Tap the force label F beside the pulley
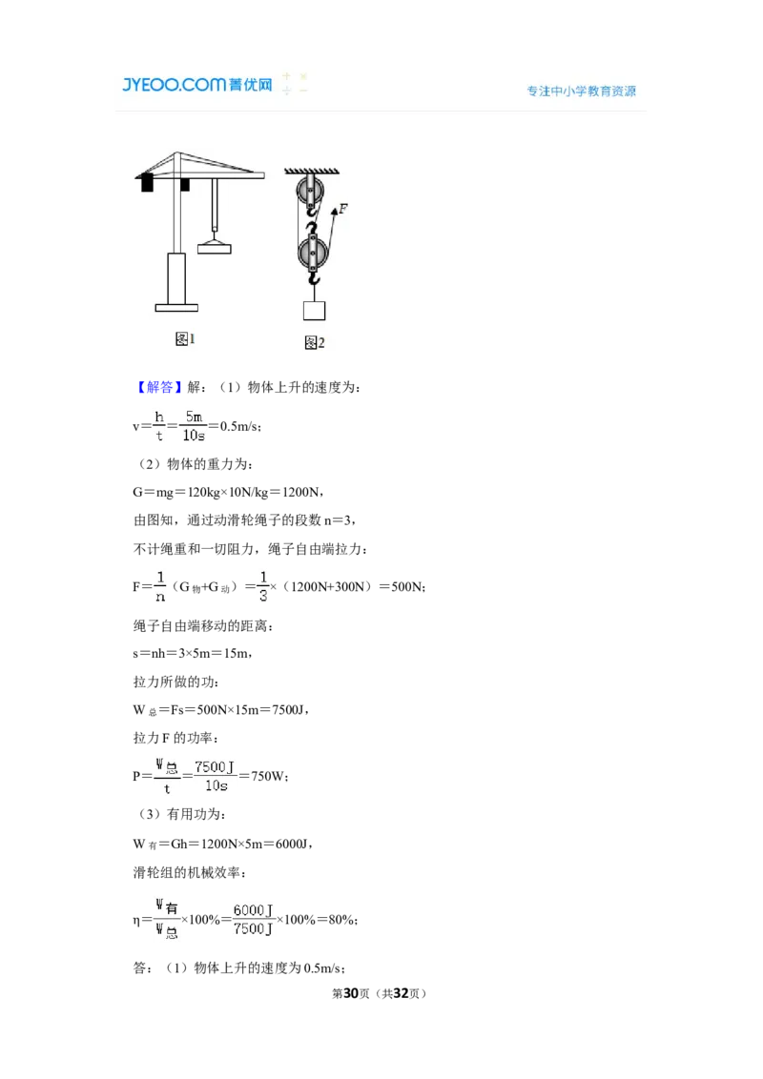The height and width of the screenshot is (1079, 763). (343, 209)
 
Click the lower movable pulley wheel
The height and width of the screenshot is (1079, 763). (313, 253)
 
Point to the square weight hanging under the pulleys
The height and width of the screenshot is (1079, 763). (314, 311)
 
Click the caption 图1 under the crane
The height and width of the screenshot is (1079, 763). (185, 338)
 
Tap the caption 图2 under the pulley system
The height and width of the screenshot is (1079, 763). (315, 342)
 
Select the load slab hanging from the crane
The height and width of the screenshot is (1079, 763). (215, 249)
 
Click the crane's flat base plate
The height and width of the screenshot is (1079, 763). (176, 308)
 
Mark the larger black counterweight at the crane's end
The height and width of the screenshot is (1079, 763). (147, 183)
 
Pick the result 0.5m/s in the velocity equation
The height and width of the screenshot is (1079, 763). (239, 427)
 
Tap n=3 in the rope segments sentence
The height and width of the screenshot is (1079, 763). (340, 520)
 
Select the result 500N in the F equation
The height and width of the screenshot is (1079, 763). (406, 587)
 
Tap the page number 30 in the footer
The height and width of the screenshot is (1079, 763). (351, 993)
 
